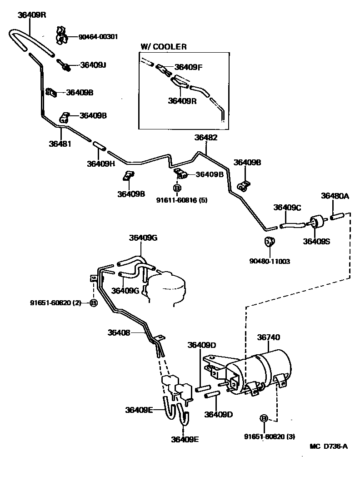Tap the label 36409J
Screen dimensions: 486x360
pyautogui.click(x=93, y=65)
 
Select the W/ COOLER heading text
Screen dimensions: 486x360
pyautogui.click(x=164, y=46)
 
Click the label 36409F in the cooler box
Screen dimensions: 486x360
pyautogui.click(x=188, y=67)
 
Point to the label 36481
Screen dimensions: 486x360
pyautogui.click(x=60, y=144)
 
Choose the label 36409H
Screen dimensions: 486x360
pyautogui.click(x=101, y=164)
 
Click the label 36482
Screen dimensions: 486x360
pyautogui.click(x=206, y=137)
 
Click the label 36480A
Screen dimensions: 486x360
pyautogui.click(x=335, y=196)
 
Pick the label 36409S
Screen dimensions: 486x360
pyautogui.click(x=317, y=241)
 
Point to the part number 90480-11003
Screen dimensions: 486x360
pyautogui.click(x=270, y=261)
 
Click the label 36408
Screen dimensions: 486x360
pyautogui.click(x=119, y=332)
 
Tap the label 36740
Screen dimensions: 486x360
pyautogui.click(x=269, y=337)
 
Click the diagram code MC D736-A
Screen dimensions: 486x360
pyautogui.click(x=329, y=446)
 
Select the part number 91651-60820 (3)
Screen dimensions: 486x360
pyautogui.click(x=270, y=436)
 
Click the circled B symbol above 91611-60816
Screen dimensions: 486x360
pyautogui.click(x=177, y=188)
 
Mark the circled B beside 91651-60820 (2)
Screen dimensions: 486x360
pyautogui.click(x=94, y=303)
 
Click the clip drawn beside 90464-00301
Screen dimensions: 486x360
pyautogui.click(x=61, y=35)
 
